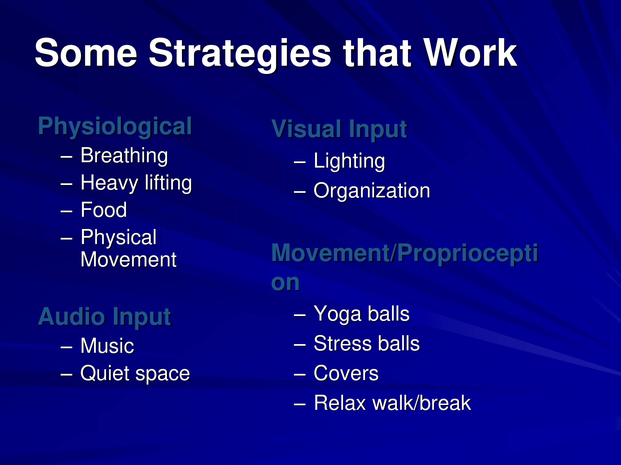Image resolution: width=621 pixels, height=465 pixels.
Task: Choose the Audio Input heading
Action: (105, 317)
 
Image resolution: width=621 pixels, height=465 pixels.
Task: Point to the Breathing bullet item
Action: (124, 156)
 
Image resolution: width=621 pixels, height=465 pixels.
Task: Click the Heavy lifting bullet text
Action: (136, 183)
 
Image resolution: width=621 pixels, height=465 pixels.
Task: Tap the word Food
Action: (103, 210)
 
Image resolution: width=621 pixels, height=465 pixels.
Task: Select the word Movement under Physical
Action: (128, 259)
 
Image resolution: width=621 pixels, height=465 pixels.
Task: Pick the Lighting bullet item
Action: (349, 161)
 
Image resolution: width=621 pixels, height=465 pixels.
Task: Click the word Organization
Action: (372, 191)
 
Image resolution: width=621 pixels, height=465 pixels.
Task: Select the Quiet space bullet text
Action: (135, 374)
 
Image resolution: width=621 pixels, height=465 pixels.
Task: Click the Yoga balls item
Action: (362, 314)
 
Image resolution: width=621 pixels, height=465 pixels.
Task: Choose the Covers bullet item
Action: (346, 373)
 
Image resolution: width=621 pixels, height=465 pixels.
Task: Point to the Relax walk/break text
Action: (392, 403)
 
